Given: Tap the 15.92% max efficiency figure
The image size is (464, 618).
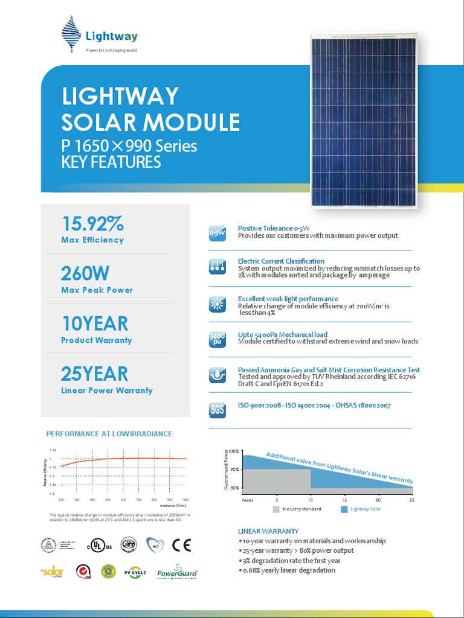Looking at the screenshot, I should click(92, 225).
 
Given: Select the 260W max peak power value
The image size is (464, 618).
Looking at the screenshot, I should click(85, 274).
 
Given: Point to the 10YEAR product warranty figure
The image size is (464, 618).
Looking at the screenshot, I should click(95, 324).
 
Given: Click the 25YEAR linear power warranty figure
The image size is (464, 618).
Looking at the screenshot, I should click(94, 374).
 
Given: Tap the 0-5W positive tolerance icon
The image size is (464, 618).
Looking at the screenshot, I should click(217, 232).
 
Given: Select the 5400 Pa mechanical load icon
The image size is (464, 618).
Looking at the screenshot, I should click(217, 338).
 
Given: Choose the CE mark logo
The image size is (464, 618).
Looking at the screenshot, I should click(181, 546).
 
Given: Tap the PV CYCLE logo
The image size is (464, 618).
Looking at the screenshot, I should click(135, 572).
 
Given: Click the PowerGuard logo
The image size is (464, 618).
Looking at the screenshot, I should click(178, 572).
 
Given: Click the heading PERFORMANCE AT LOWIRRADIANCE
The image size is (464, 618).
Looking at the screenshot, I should click(109, 434).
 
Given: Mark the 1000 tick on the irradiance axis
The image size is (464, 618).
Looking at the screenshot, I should click(185, 500).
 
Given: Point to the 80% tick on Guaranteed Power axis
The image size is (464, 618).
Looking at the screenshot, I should click(234, 488).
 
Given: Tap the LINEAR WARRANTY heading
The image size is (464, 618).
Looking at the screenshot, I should click(268, 531).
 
